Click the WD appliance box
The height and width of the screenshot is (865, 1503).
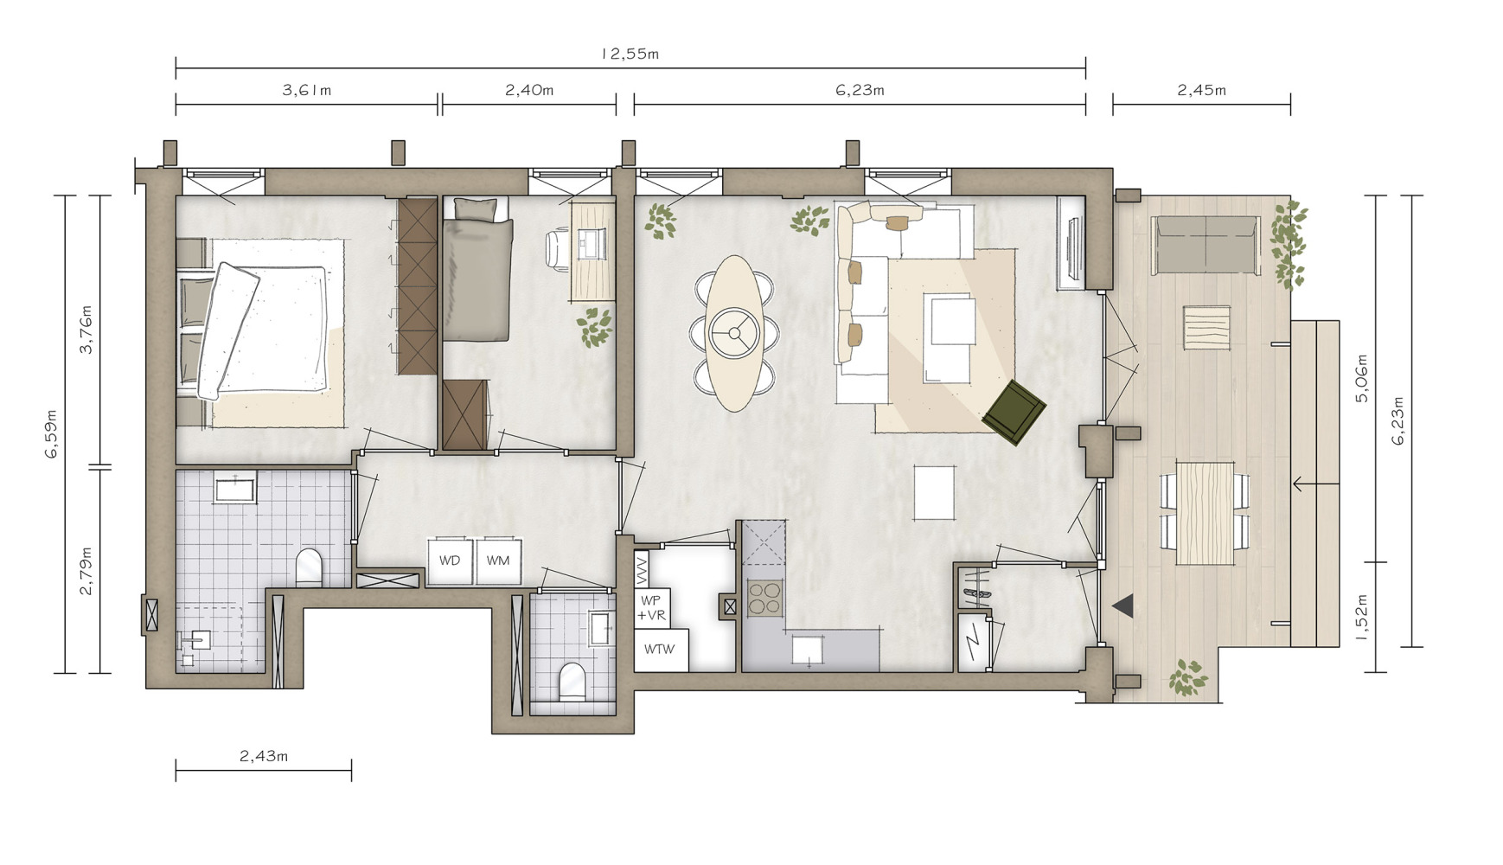click(450, 561)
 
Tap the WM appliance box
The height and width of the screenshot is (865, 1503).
click(497, 561)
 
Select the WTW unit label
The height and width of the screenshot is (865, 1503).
click(660, 649)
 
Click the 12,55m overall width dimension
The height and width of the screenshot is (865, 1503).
click(630, 54)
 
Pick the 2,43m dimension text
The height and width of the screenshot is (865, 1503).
click(264, 756)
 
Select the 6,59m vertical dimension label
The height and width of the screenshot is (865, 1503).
click(52, 433)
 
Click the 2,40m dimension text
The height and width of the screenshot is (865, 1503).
click(529, 90)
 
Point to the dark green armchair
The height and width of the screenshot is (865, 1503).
click(1015, 412)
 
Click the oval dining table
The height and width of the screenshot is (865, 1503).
click(734, 333)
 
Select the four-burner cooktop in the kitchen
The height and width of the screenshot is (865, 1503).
click(764, 598)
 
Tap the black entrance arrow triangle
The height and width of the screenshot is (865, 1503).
click(1123, 605)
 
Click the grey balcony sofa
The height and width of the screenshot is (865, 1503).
click(1206, 245)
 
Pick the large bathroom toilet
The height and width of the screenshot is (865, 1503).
click(309, 567)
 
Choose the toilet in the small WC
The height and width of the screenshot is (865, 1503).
click(572, 681)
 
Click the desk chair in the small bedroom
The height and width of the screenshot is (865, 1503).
click(557, 248)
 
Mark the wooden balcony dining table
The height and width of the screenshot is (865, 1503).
click(1205, 514)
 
